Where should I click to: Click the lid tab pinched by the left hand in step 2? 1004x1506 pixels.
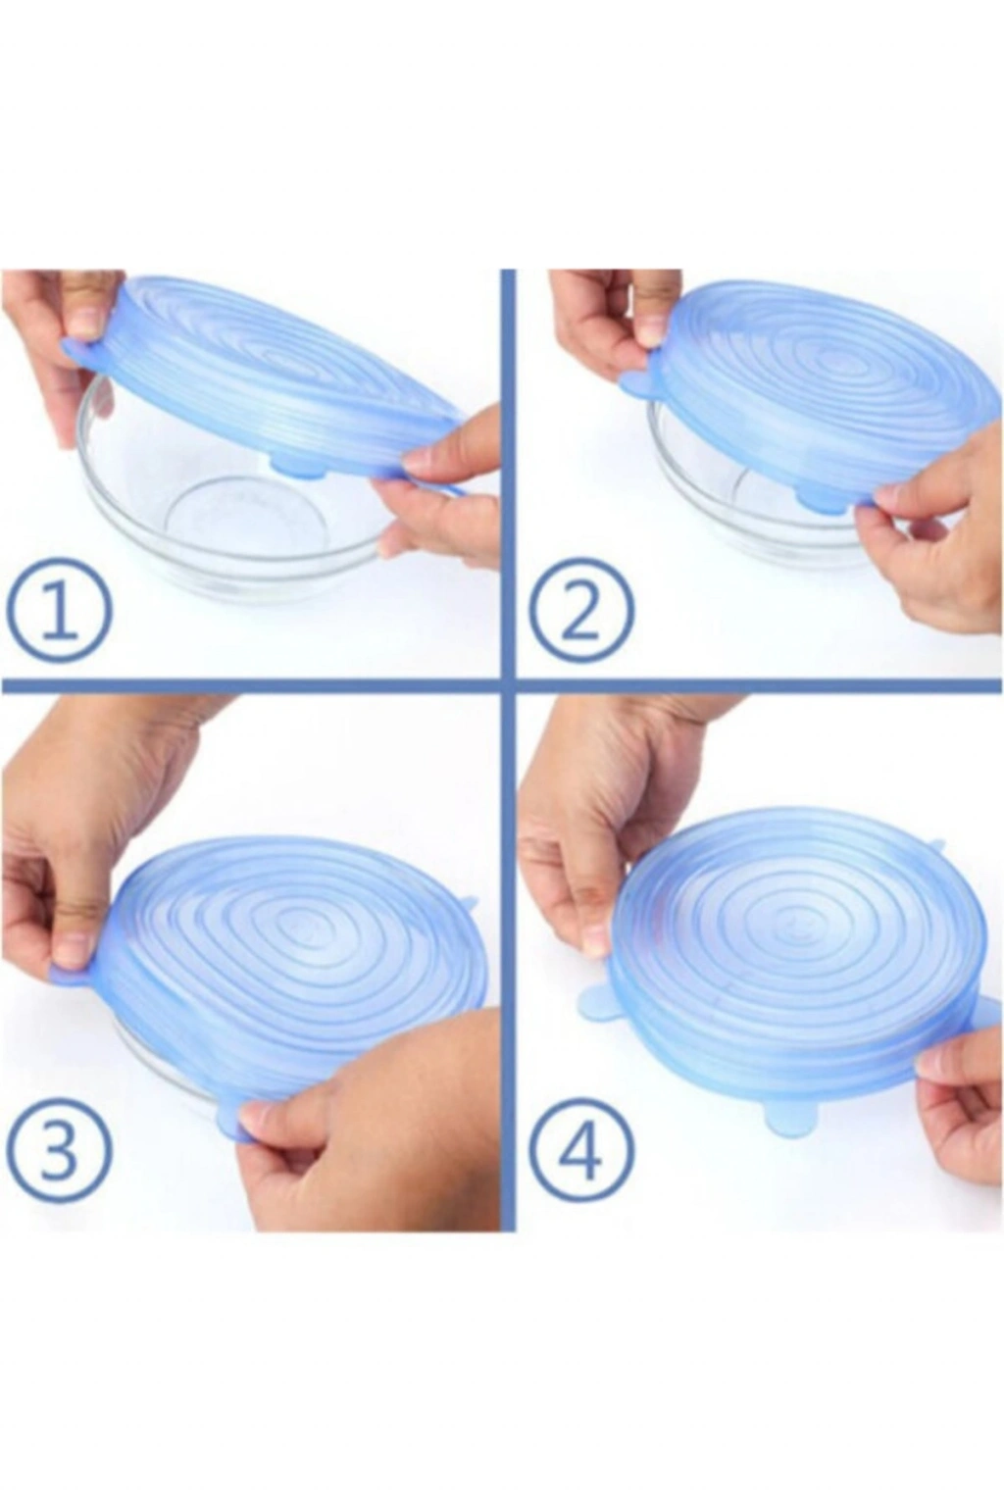coord(639,383)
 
